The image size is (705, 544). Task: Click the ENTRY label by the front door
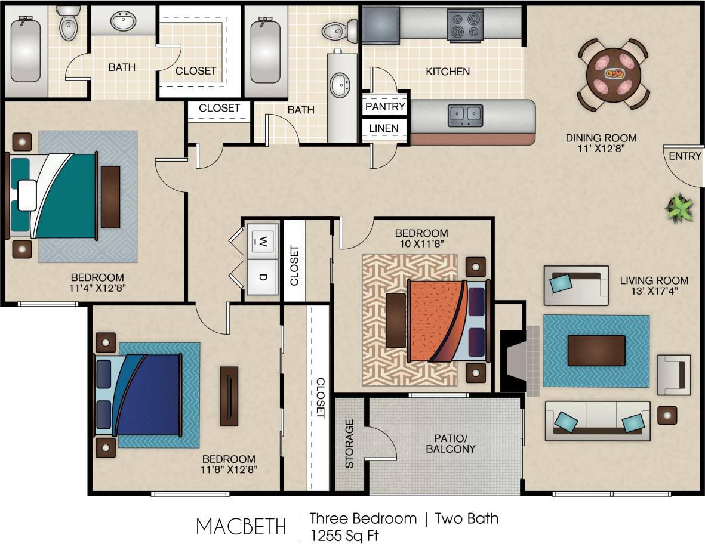[685, 156]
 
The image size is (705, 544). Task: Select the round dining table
[614, 74]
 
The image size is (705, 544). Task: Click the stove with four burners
[466, 25]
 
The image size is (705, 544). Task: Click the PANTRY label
[385, 107]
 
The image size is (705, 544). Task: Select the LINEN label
[383, 128]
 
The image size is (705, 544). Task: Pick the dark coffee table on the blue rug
[596, 350]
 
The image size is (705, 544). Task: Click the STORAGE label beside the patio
[350, 443]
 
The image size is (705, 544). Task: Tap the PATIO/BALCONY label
[451, 443]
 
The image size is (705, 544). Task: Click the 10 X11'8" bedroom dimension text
[421, 243]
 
